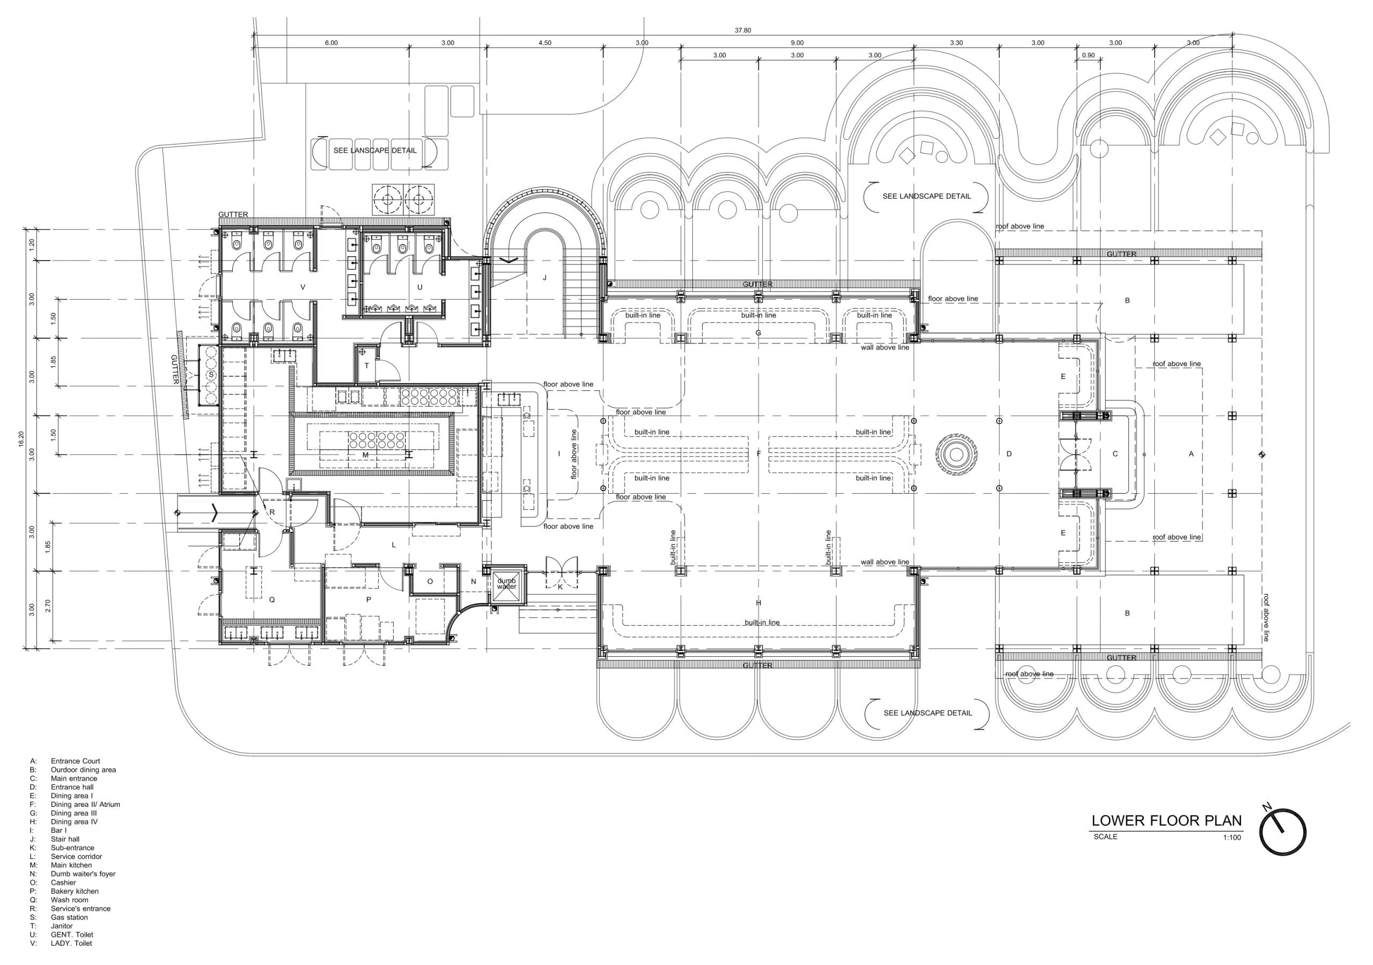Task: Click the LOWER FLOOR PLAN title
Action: pyautogui.click(x=1166, y=820)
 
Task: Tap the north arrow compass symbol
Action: pyautogui.click(x=1283, y=831)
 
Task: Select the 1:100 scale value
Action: pyautogui.click(x=1232, y=837)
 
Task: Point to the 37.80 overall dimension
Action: pyautogui.click(x=743, y=31)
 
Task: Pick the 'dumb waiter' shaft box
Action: pyautogui.click(x=506, y=583)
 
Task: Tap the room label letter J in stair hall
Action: pyautogui.click(x=545, y=277)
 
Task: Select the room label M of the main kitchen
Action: pyautogui.click(x=365, y=455)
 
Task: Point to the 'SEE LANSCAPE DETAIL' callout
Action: pyautogui.click(x=375, y=150)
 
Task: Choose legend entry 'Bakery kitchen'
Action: pyautogui.click(x=75, y=891)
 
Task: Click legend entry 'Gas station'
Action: pyautogui.click(x=69, y=917)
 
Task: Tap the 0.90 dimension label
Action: pyautogui.click(x=1088, y=56)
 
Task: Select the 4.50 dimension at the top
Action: pyautogui.click(x=545, y=43)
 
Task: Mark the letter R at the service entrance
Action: pyautogui.click(x=272, y=513)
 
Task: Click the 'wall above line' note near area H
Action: pyautogui.click(x=885, y=562)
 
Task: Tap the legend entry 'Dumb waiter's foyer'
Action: pyautogui.click(x=83, y=873)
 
